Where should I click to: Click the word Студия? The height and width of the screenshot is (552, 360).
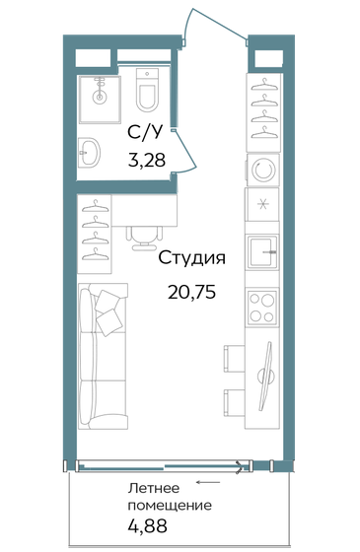(x=193, y=259)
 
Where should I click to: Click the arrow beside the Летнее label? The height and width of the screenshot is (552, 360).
(x=206, y=483)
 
